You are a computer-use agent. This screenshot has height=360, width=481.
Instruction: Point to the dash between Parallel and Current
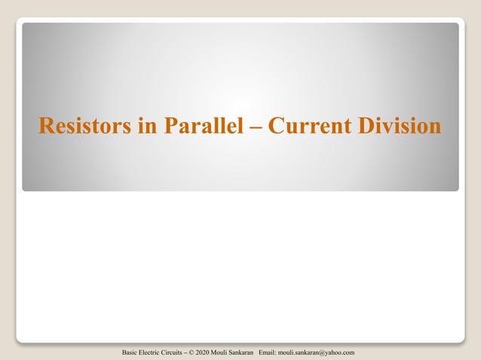point(256,127)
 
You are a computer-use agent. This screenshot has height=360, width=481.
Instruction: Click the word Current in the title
point(305,127)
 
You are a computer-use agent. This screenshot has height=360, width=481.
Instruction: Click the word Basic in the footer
point(130,352)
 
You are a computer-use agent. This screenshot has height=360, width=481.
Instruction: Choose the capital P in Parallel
point(167,127)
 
